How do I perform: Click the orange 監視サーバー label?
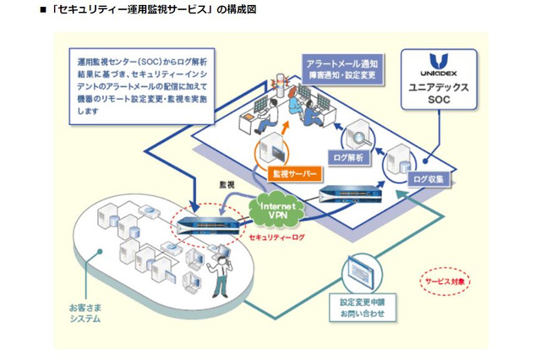click(294, 173)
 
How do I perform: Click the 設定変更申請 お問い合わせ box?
click(363, 306)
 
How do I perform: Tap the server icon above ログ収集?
click(402, 158)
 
